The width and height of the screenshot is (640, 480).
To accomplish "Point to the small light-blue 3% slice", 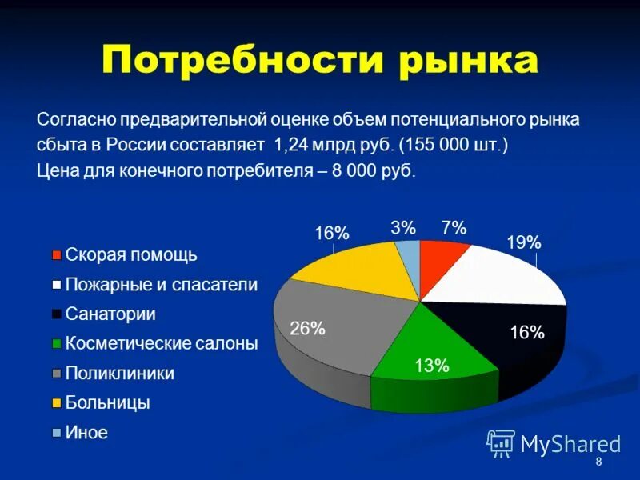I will click(x=409, y=258).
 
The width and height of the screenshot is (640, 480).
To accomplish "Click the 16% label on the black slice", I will click(x=527, y=333).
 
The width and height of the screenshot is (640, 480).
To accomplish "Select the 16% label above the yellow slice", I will click(x=331, y=233).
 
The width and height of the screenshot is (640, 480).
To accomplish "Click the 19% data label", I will click(x=524, y=242).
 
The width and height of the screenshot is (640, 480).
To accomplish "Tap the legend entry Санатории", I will click(x=110, y=314).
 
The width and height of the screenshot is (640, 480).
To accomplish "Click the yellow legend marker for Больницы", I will click(x=57, y=403).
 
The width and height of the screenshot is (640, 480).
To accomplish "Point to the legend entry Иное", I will click(x=86, y=433).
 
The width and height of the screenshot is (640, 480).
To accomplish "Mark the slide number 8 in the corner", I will click(x=598, y=464).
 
